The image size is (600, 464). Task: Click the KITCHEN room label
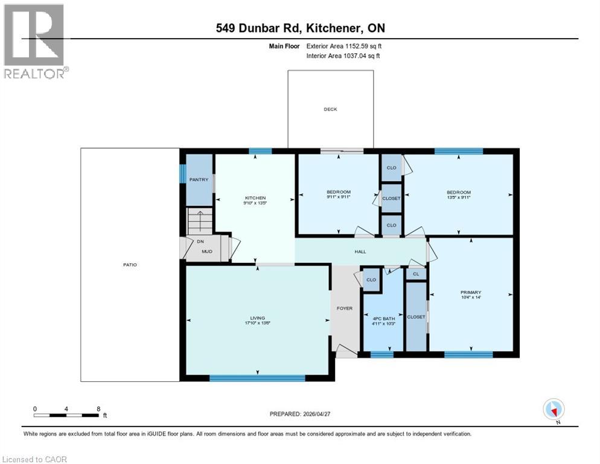pos(255,198)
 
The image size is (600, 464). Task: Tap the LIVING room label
pos(258,318)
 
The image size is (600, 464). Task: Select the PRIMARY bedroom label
pos(470,292)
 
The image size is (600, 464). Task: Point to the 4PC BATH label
pos(382,318)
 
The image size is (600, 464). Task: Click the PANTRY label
pos(199,179)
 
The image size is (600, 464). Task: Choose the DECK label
pos(330,109)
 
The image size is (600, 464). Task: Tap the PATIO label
pos(130,265)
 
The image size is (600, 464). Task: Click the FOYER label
pos(344,308)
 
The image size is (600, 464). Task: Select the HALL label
pos(360,251)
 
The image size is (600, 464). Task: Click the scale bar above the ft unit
pos(66,415)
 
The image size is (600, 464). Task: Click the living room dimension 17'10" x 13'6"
pos(258,323)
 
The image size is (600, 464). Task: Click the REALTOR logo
pos(34,41)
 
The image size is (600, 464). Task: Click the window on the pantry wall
pos(182,173)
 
